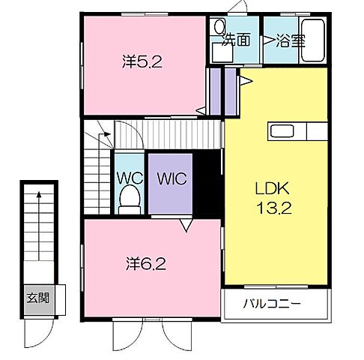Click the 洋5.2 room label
coord(142,61)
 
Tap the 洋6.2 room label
coord(146,264)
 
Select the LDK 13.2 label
coord(274,198)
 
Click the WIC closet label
coord(172,178)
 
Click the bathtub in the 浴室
coord(313,40)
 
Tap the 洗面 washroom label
coord(236,40)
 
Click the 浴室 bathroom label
coord(291,40)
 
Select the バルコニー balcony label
coord(272,304)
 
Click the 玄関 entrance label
coord(38,298)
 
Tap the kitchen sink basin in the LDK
coord(282,131)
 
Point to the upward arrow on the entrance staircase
coord(39,226)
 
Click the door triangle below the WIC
coord(186,225)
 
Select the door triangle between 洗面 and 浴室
coord(267,40)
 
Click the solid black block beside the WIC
coord(207,184)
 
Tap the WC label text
coord(130,178)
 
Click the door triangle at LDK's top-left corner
coord(246,81)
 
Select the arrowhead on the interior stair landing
coord(107,134)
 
